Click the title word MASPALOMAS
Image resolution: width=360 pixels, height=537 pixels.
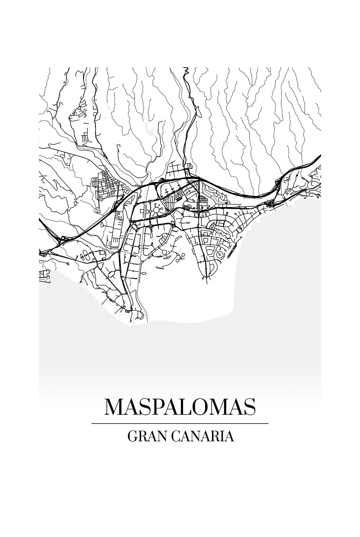[x=180, y=407]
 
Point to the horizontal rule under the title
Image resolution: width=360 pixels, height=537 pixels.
[x=180, y=424]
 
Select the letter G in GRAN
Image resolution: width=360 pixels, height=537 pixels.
[x=132, y=436]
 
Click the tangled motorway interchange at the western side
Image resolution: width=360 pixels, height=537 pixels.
[x=61, y=239]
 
